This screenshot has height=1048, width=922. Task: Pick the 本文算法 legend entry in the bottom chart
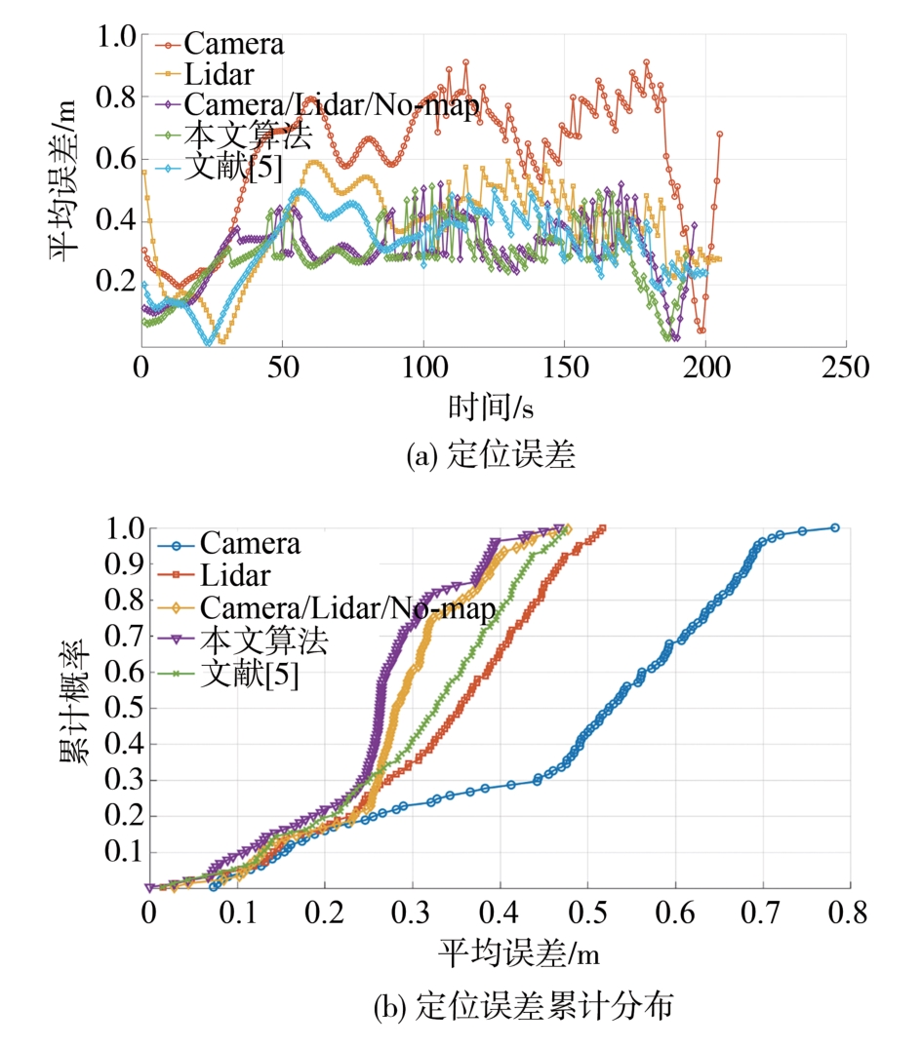tap(262, 640)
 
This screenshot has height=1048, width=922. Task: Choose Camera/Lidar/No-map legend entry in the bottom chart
tap(347, 608)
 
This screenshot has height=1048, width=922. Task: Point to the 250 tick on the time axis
tap(845, 368)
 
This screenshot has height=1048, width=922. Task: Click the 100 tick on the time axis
tap(422, 368)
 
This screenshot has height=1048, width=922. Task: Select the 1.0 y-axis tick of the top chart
tap(118, 37)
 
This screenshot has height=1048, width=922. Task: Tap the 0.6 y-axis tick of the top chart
tap(118, 159)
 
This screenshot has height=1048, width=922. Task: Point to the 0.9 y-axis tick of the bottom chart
tap(126, 564)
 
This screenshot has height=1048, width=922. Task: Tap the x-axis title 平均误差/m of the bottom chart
tap(499, 951)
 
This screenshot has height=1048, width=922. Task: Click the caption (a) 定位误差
tap(491, 456)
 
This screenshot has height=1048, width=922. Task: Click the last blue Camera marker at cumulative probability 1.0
tap(834, 527)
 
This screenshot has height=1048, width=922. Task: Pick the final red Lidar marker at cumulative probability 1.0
tap(602, 528)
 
